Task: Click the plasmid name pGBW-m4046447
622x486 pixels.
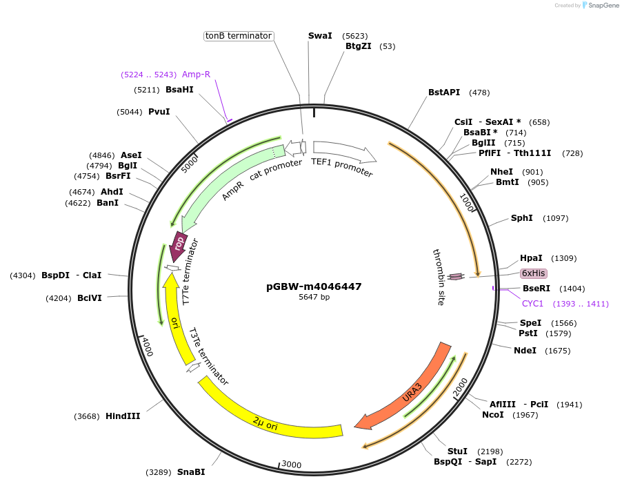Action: tap(314, 286)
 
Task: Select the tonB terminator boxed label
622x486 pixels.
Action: tap(239, 36)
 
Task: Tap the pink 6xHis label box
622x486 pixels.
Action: tap(534, 273)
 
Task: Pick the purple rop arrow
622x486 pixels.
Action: tap(177, 246)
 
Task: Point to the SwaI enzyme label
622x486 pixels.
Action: tap(320, 35)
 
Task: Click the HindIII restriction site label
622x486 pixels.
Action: tap(123, 416)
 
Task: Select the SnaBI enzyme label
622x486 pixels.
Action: tap(191, 472)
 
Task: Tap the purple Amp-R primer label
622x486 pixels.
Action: tap(196, 74)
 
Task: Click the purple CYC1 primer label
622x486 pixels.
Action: tap(533, 304)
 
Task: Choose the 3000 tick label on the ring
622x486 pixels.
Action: tap(292, 465)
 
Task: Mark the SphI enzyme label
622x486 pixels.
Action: tap(521, 218)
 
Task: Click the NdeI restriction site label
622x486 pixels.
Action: tap(525, 350)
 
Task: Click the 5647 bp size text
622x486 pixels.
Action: tap(314, 297)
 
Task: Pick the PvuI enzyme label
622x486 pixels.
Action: tap(159, 111)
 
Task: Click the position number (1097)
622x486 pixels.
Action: tap(556, 218)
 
